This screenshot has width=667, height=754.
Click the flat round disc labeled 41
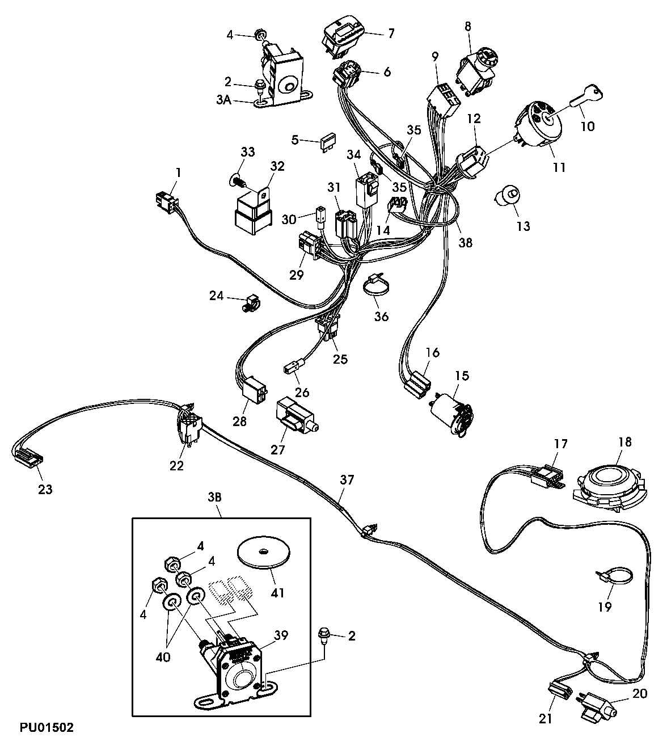(x=263, y=552)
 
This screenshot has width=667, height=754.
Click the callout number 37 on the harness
(x=347, y=480)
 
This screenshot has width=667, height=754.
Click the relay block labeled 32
(x=252, y=210)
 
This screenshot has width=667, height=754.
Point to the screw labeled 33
(x=237, y=181)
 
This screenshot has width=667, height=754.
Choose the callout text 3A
(x=223, y=100)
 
